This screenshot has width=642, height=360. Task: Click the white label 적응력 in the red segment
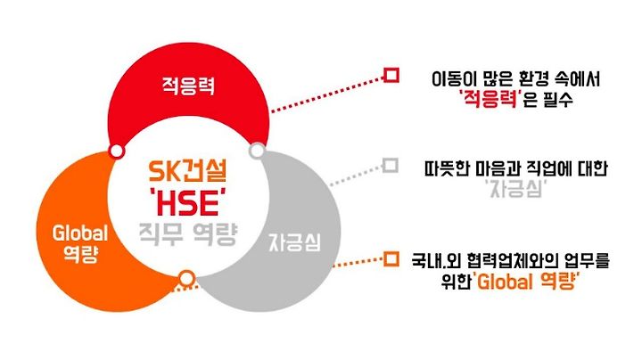click(x=188, y=86)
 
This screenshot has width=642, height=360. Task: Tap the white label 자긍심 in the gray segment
click(x=295, y=242)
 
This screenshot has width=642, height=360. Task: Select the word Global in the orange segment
click(x=80, y=233)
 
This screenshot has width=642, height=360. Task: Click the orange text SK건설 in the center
click(x=187, y=171)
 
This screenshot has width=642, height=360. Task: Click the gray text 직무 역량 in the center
click(x=188, y=234)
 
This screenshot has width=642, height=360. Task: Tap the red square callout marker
click(x=391, y=76)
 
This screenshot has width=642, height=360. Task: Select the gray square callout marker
click(x=391, y=166)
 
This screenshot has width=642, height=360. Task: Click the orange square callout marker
click(x=391, y=259)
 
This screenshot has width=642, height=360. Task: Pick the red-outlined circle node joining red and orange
click(x=117, y=151)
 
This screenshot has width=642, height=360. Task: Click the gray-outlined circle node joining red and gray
click(x=257, y=151)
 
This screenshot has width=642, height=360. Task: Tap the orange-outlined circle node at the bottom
click(x=186, y=278)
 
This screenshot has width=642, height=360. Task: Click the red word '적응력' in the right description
click(x=490, y=100)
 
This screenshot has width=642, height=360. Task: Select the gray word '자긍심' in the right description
click(x=516, y=190)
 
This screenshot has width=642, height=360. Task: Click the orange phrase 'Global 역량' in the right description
click(x=527, y=282)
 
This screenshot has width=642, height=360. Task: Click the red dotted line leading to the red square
click(x=327, y=94)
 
